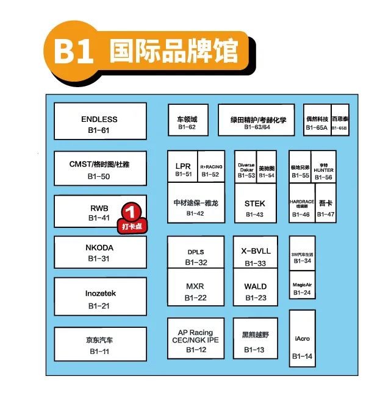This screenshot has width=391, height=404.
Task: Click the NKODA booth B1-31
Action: point(99,252)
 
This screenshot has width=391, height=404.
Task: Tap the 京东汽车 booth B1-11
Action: point(99,344)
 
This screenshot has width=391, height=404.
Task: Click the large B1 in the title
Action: point(73,52)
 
